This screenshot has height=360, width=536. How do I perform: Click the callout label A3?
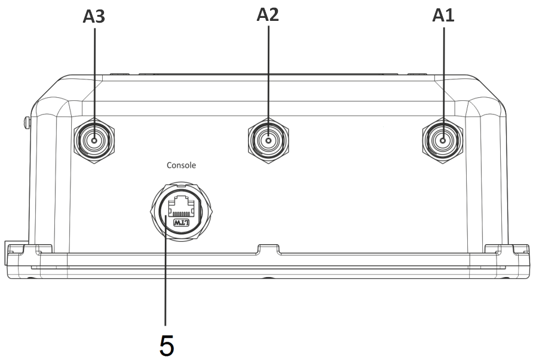(x=94, y=16)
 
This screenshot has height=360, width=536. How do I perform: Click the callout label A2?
(x=268, y=15)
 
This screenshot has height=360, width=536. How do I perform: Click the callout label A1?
(x=443, y=16)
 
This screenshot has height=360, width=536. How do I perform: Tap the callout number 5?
(x=167, y=346)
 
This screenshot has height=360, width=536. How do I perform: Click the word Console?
(x=181, y=165)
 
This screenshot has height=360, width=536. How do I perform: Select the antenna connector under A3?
(x=94, y=140)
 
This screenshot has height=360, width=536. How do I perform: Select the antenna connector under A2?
(x=268, y=140)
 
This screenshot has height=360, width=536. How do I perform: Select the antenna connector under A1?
(x=443, y=140)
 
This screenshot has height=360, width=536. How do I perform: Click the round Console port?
(x=181, y=211)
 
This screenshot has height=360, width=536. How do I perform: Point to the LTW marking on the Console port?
(x=181, y=223)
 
